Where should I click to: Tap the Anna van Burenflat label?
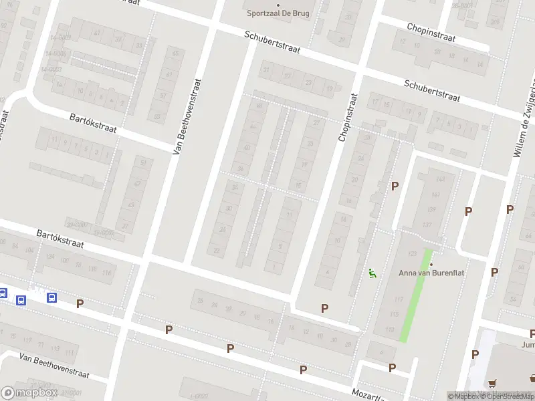[x=431, y=273]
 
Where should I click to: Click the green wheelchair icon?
[x=372, y=273]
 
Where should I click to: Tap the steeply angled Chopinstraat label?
[x=348, y=118]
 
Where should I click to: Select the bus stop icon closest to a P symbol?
[x=51, y=297]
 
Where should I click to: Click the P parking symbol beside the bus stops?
[x=80, y=303]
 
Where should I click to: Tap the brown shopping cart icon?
[x=494, y=384]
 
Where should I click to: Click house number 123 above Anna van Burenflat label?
[x=413, y=253]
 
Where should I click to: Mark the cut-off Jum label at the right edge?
[x=528, y=346]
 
